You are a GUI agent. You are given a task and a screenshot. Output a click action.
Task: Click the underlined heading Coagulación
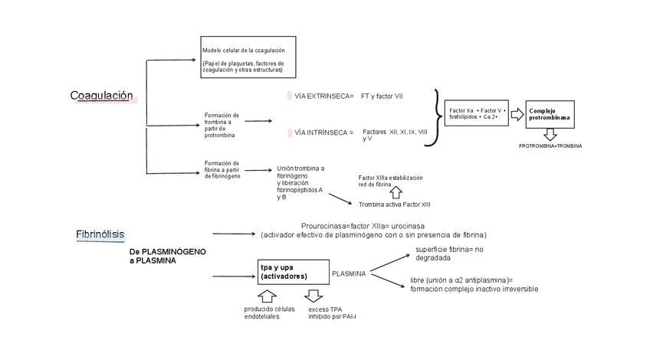click(x=101, y=96)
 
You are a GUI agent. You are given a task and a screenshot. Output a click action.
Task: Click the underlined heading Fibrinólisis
click(x=100, y=234)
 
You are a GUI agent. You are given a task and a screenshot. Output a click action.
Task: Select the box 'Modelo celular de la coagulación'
click(x=248, y=56)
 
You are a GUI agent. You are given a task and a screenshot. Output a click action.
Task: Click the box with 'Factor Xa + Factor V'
click(x=476, y=114)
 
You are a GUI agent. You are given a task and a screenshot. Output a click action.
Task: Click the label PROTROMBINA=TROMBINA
click(x=550, y=146)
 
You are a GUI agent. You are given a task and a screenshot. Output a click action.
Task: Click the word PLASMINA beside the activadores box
click(x=348, y=273)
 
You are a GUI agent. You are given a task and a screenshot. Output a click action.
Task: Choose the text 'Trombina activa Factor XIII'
click(x=394, y=205)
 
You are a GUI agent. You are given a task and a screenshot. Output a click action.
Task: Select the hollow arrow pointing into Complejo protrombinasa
click(x=517, y=114)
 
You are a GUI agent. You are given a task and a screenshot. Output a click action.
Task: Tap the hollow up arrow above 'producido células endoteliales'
click(x=267, y=296)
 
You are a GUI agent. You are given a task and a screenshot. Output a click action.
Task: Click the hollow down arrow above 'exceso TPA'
click(x=314, y=296)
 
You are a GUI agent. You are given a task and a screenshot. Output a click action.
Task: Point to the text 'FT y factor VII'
click(x=382, y=96)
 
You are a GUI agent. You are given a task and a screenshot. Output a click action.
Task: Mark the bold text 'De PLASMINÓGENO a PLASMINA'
click(x=167, y=256)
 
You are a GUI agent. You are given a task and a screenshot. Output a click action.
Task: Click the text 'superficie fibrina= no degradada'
click(x=449, y=254)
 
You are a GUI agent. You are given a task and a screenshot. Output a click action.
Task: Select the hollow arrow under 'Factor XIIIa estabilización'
click(x=396, y=192)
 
